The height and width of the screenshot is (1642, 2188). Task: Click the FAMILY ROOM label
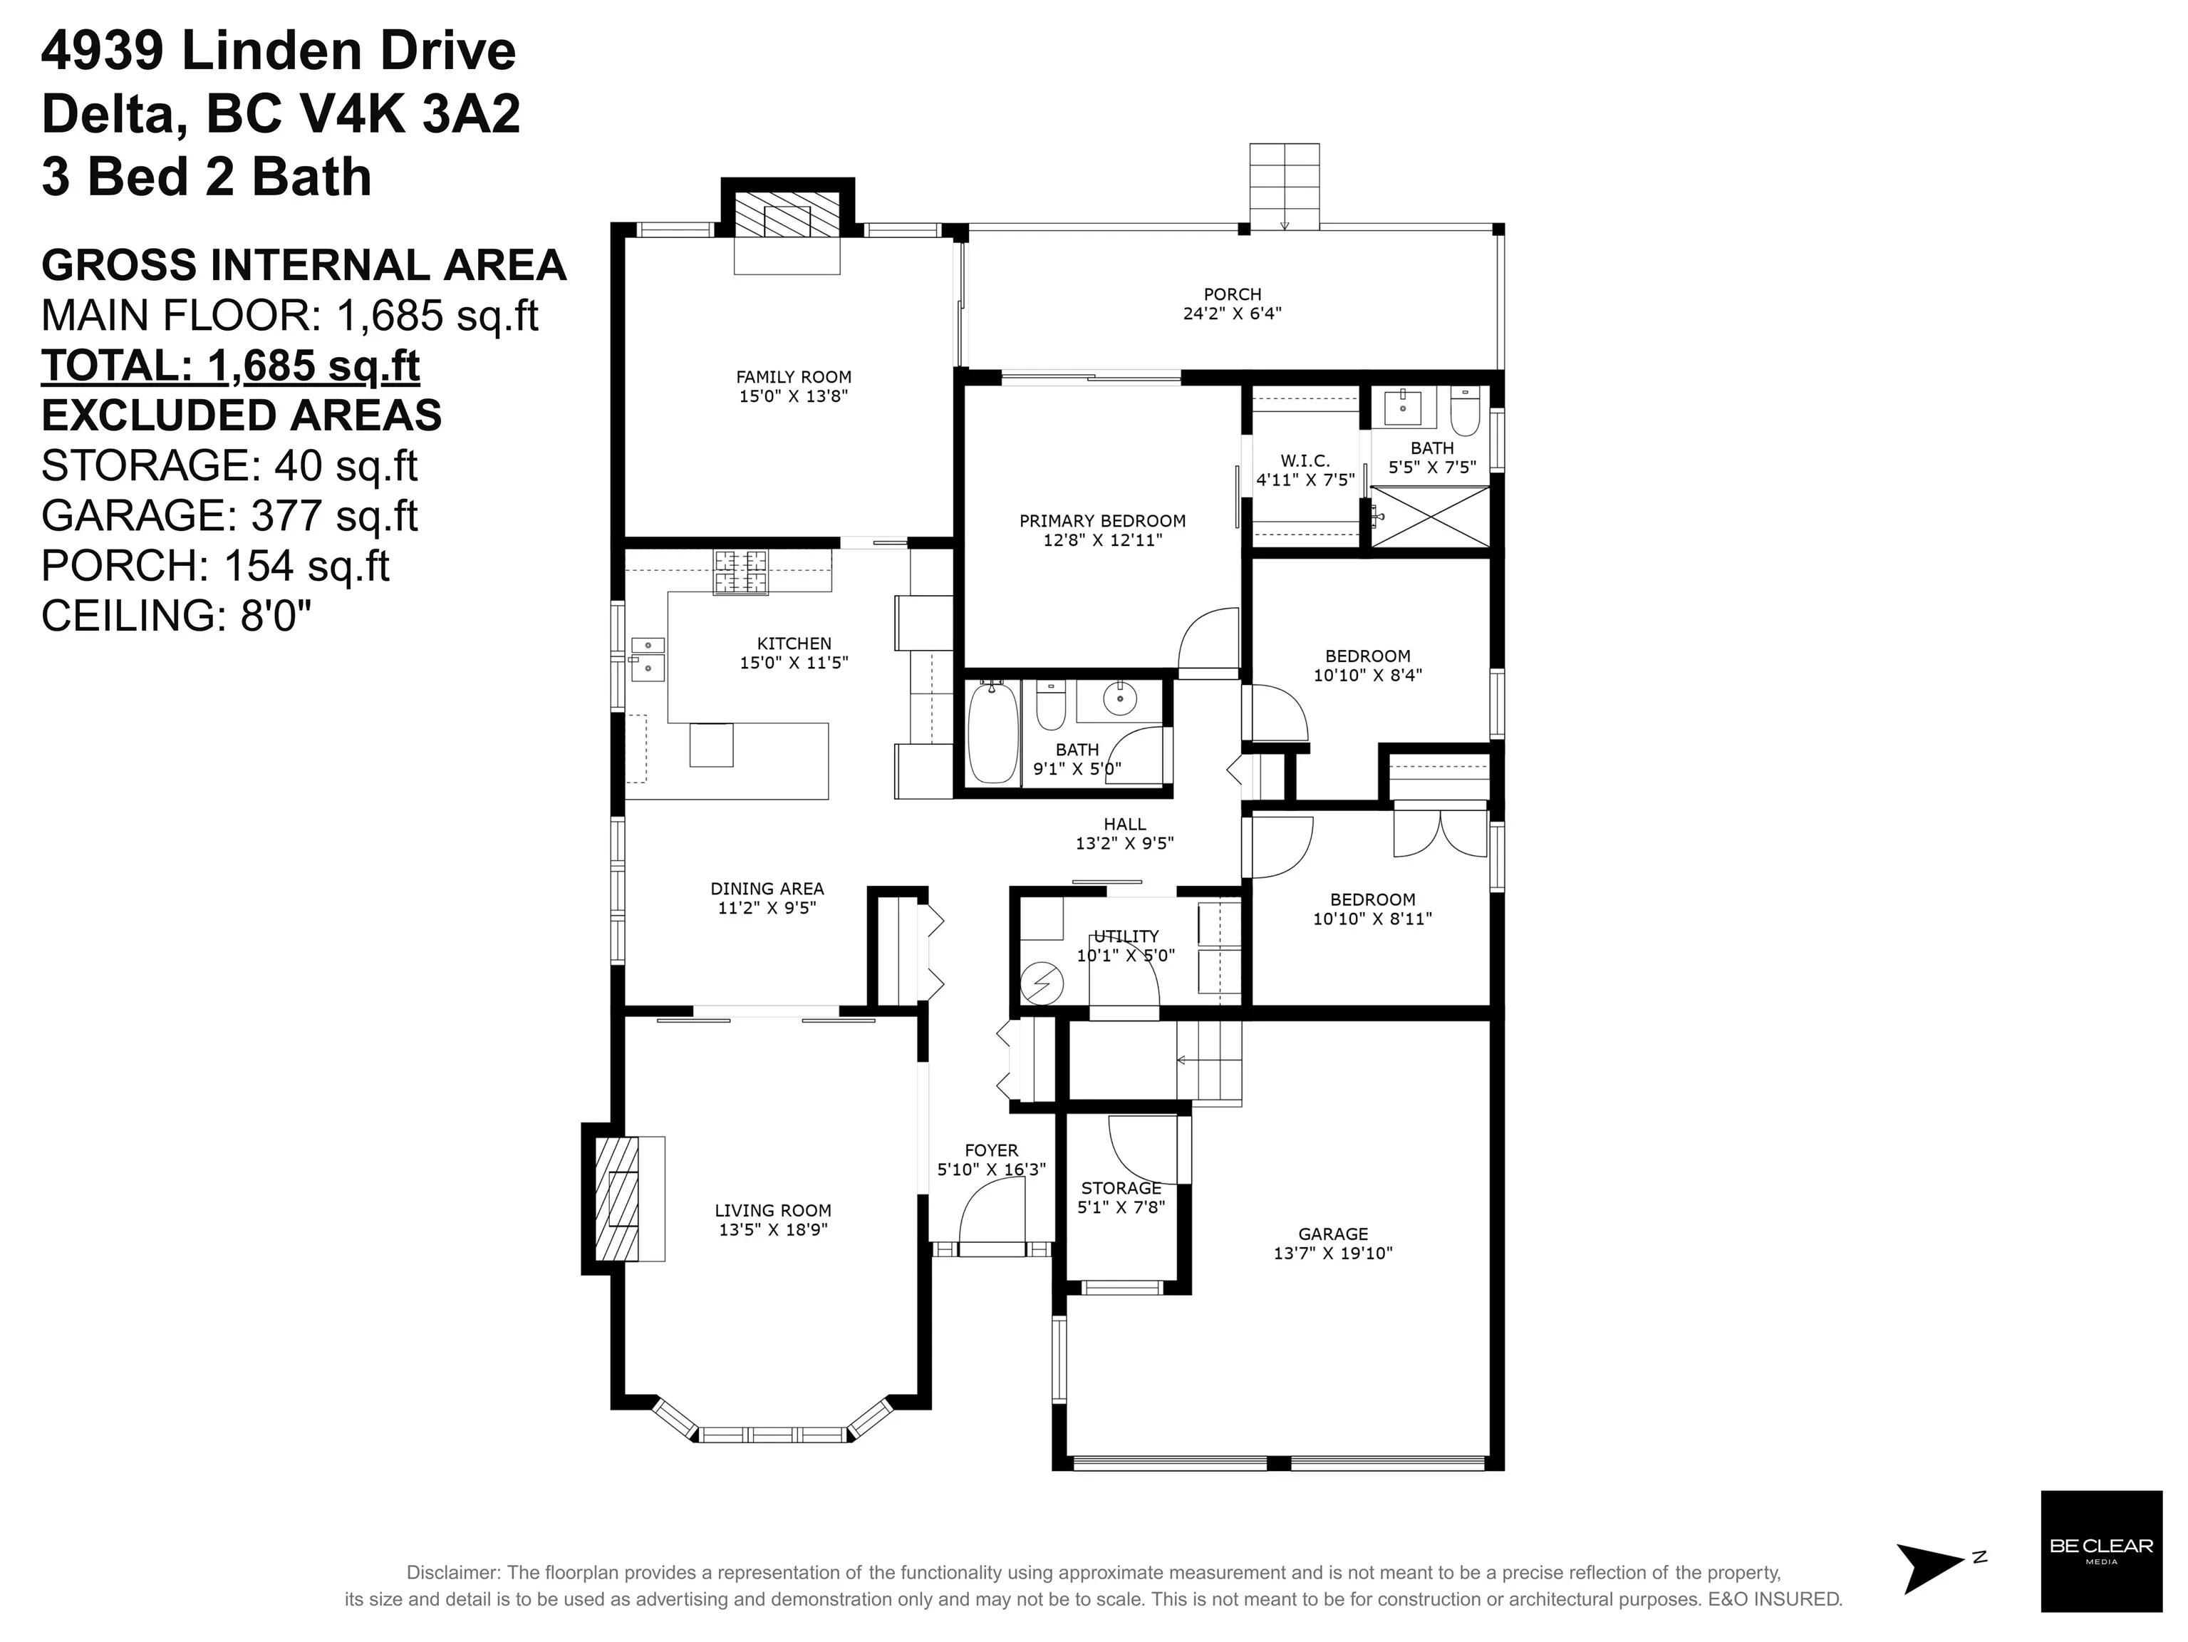[x=793, y=377]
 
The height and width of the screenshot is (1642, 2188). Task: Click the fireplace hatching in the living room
[x=616, y=1198]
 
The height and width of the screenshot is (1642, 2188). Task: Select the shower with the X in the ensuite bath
[x=1431, y=515]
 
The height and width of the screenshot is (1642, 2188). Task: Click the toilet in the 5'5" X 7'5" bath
[x=1464, y=410]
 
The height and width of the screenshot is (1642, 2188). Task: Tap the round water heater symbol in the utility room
[x=1042, y=983]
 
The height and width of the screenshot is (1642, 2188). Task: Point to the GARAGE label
[x=1332, y=1234]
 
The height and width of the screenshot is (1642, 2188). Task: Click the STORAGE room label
[x=1121, y=1188]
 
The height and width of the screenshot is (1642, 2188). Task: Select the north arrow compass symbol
[x=1929, y=1569]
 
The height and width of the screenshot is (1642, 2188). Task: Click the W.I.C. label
[x=1305, y=461]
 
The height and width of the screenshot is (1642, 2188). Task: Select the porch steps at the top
[x=1284, y=185]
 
